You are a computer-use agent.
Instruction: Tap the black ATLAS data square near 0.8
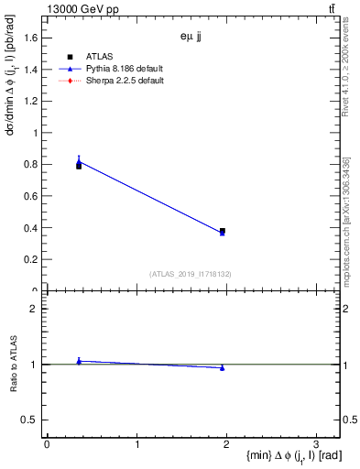tap(79, 166)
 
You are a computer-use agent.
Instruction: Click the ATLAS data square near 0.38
tap(223, 231)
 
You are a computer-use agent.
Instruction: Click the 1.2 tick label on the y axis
tap(30, 101)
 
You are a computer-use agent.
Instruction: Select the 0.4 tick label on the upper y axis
tap(30, 228)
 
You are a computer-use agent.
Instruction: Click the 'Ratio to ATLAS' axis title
tap(14, 365)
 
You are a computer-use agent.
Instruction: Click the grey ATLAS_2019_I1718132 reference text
tap(191, 273)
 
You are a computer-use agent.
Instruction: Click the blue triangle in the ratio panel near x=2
tap(223, 367)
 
